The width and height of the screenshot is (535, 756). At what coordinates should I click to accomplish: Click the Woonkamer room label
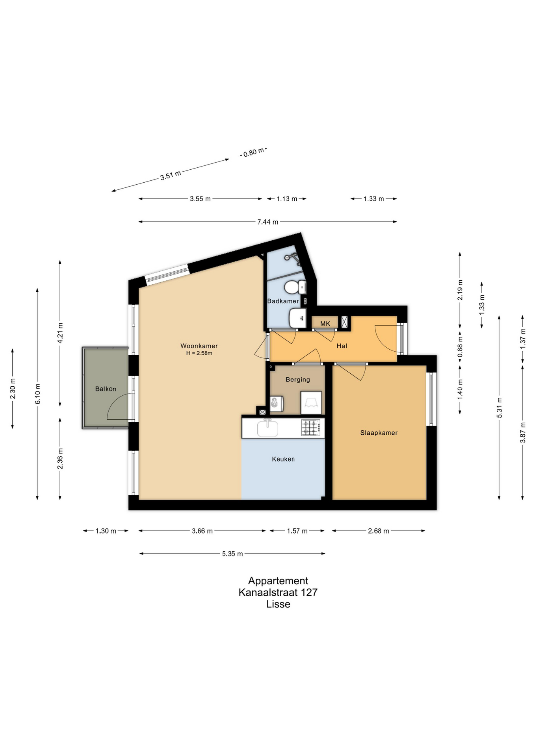click(199, 346)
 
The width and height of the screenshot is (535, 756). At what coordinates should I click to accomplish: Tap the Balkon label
click(106, 389)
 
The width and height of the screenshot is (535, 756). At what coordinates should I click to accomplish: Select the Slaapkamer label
click(379, 433)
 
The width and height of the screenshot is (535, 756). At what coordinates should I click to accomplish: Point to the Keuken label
click(283, 459)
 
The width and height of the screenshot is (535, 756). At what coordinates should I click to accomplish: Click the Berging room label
click(298, 380)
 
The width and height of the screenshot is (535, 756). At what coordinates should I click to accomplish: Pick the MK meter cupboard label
click(325, 324)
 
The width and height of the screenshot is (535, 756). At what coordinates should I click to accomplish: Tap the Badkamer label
click(283, 301)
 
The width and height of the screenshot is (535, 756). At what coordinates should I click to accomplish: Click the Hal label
click(342, 346)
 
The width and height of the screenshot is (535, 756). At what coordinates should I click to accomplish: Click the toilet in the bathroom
click(295, 287)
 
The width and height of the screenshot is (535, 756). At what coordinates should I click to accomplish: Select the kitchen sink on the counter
click(267, 428)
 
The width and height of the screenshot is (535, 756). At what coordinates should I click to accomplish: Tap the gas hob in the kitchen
click(310, 428)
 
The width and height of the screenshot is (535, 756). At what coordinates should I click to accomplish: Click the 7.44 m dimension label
click(268, 222)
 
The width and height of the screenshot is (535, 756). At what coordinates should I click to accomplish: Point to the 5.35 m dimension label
click(232, 554)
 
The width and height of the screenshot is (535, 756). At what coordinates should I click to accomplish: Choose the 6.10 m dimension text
click(38, 394)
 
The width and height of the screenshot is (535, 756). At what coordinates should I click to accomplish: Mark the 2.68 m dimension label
click(379, 531)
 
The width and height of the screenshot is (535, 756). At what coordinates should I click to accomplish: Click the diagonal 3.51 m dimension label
click(171, 175)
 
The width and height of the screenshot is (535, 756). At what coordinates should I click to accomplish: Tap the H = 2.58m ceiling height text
click(199, 353)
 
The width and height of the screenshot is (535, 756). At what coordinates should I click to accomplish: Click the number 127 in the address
click(309, 592)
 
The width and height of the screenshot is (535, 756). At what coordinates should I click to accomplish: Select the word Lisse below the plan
click(278, 604)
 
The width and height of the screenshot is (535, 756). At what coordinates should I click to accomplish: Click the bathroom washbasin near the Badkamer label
click(297, 317)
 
